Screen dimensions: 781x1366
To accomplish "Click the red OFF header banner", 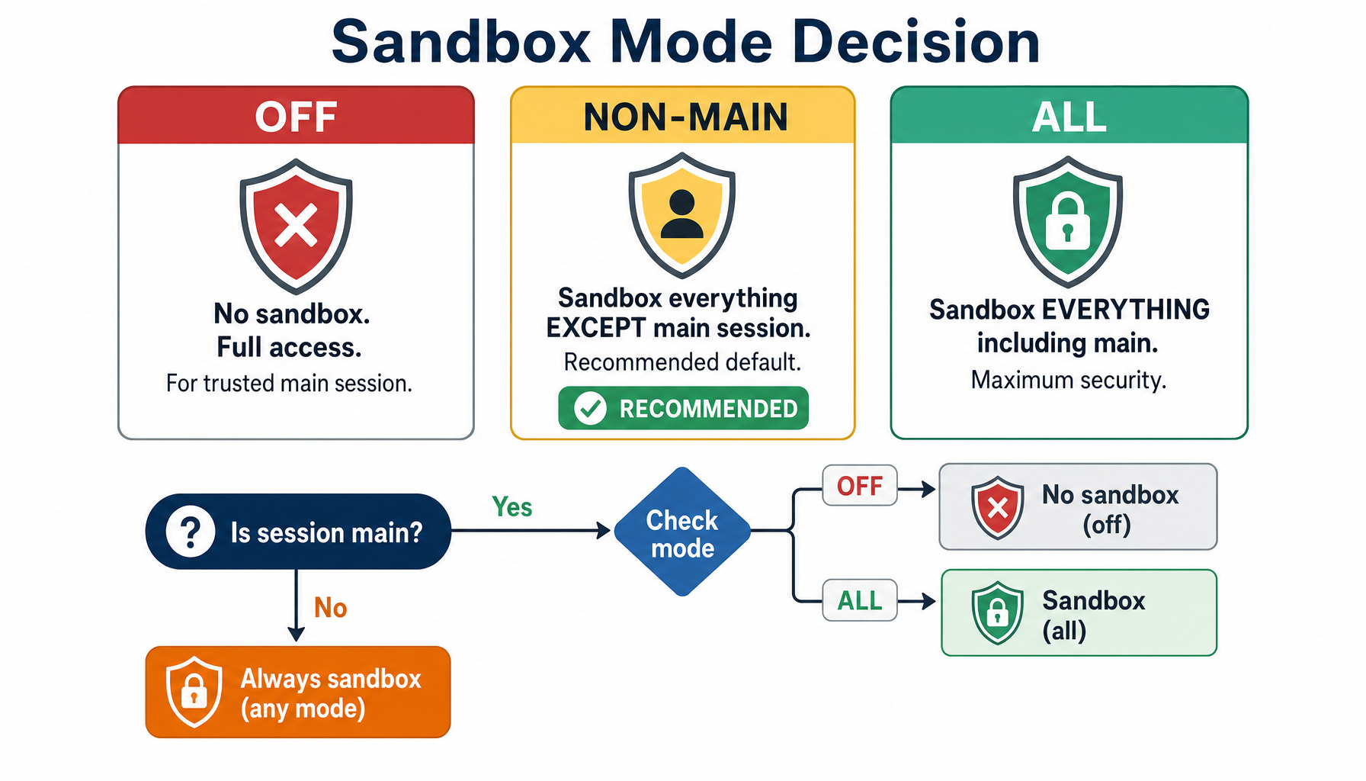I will coord(296,116).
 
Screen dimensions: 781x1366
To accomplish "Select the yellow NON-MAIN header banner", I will coord(683,116).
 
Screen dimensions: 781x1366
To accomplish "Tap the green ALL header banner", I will coord(1069,116).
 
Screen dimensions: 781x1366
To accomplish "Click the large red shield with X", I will coord(296,226).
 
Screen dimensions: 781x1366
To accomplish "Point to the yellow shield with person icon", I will coord(681,214).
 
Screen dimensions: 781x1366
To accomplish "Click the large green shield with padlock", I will coord(1067,221).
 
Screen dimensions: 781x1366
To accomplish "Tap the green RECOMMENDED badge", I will coord(683,409).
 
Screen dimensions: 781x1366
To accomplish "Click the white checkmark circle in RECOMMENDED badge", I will coord(590,409).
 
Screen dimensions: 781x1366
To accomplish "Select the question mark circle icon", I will coord(191,532).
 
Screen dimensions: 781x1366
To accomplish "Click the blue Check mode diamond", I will coord(682,532).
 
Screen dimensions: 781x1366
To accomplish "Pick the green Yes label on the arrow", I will coord(511,507).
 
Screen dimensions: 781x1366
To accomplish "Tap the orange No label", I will coord(330,608).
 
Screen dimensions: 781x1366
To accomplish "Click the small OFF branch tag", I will coord(859,486).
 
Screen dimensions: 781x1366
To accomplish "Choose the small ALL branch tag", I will coord(859,601).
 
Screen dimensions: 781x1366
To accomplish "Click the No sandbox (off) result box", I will coord(1078,507).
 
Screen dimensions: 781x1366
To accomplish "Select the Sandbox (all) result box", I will coord(1078,613).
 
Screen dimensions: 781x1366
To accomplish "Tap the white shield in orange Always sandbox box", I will coord(194,692).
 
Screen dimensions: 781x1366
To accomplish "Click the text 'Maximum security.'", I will coord(1068,380).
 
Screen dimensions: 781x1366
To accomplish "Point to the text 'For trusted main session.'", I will coord(289,383).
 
